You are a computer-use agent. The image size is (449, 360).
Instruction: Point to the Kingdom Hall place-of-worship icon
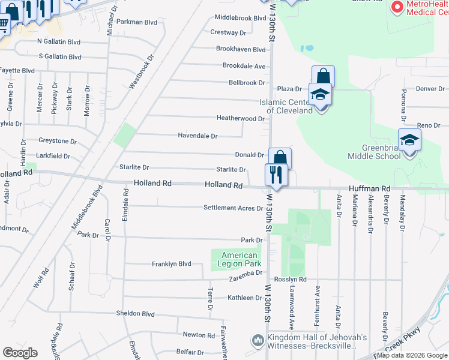pos(258,341)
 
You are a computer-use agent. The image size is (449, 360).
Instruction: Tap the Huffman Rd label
pos(376,188)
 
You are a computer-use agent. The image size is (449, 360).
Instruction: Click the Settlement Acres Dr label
pos(233,208)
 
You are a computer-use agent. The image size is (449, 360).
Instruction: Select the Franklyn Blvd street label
pos(171,264)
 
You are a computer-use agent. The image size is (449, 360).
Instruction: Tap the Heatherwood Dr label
pos(240,119)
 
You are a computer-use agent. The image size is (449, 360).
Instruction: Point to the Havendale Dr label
pos(197,136)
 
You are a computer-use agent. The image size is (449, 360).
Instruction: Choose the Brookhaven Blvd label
pos(240,49)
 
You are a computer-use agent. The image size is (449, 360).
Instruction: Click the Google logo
pos(20,352)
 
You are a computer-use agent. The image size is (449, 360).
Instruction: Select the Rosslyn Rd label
pos(291,279)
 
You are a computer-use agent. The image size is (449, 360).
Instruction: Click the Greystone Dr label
pos(58,142)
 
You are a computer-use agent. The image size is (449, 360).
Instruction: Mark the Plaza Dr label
pos(289,89)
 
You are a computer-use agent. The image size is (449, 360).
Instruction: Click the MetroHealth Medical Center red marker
pos(397,7)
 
